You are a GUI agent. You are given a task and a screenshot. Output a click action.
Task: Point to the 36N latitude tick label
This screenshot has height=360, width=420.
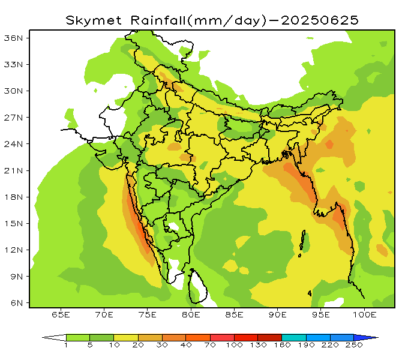pyautogui.click(x=14, y=38)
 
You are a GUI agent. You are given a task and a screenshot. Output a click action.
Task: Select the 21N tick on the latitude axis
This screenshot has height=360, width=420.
pyautogui.click(x=14, y=170)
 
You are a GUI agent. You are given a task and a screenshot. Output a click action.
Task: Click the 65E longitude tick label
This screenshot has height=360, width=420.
pyautogui.click(x=61, y=314)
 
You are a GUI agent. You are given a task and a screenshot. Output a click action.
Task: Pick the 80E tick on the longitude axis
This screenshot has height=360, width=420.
pyautogui.click(x=191, y=314)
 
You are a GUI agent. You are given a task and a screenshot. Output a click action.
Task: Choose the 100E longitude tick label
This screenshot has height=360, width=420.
pyautogui.click(x=364, y=314)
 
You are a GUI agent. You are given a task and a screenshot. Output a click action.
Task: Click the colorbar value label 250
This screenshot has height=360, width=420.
pyautogui.click(x=354, y=346)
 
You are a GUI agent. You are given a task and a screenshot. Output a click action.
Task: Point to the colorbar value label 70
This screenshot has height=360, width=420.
pyautogui.click(x=209, y=346)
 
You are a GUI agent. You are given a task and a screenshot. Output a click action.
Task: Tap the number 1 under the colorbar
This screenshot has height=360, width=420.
pyautogui.click(x=66, y=346)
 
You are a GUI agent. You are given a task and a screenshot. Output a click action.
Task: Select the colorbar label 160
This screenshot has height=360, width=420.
pyautogui.click(x=282, y=346)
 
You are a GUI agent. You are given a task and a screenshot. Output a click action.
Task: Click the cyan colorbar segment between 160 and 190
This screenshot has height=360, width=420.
pyautogui.click(x=293, y=337)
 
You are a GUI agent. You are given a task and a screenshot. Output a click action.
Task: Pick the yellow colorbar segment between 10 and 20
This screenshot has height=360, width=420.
pyautogui.click(x=125, y=337)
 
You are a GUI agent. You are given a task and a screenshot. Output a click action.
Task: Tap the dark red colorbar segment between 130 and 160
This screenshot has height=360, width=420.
pyautogui.click(x=269, y=337)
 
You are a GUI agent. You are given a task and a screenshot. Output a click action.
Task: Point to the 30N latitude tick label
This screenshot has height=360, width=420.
pyautogui.click(x=14, y=91)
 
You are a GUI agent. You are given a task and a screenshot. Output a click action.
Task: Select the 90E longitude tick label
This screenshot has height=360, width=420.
pyautogui.click(x=278, y=314)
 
